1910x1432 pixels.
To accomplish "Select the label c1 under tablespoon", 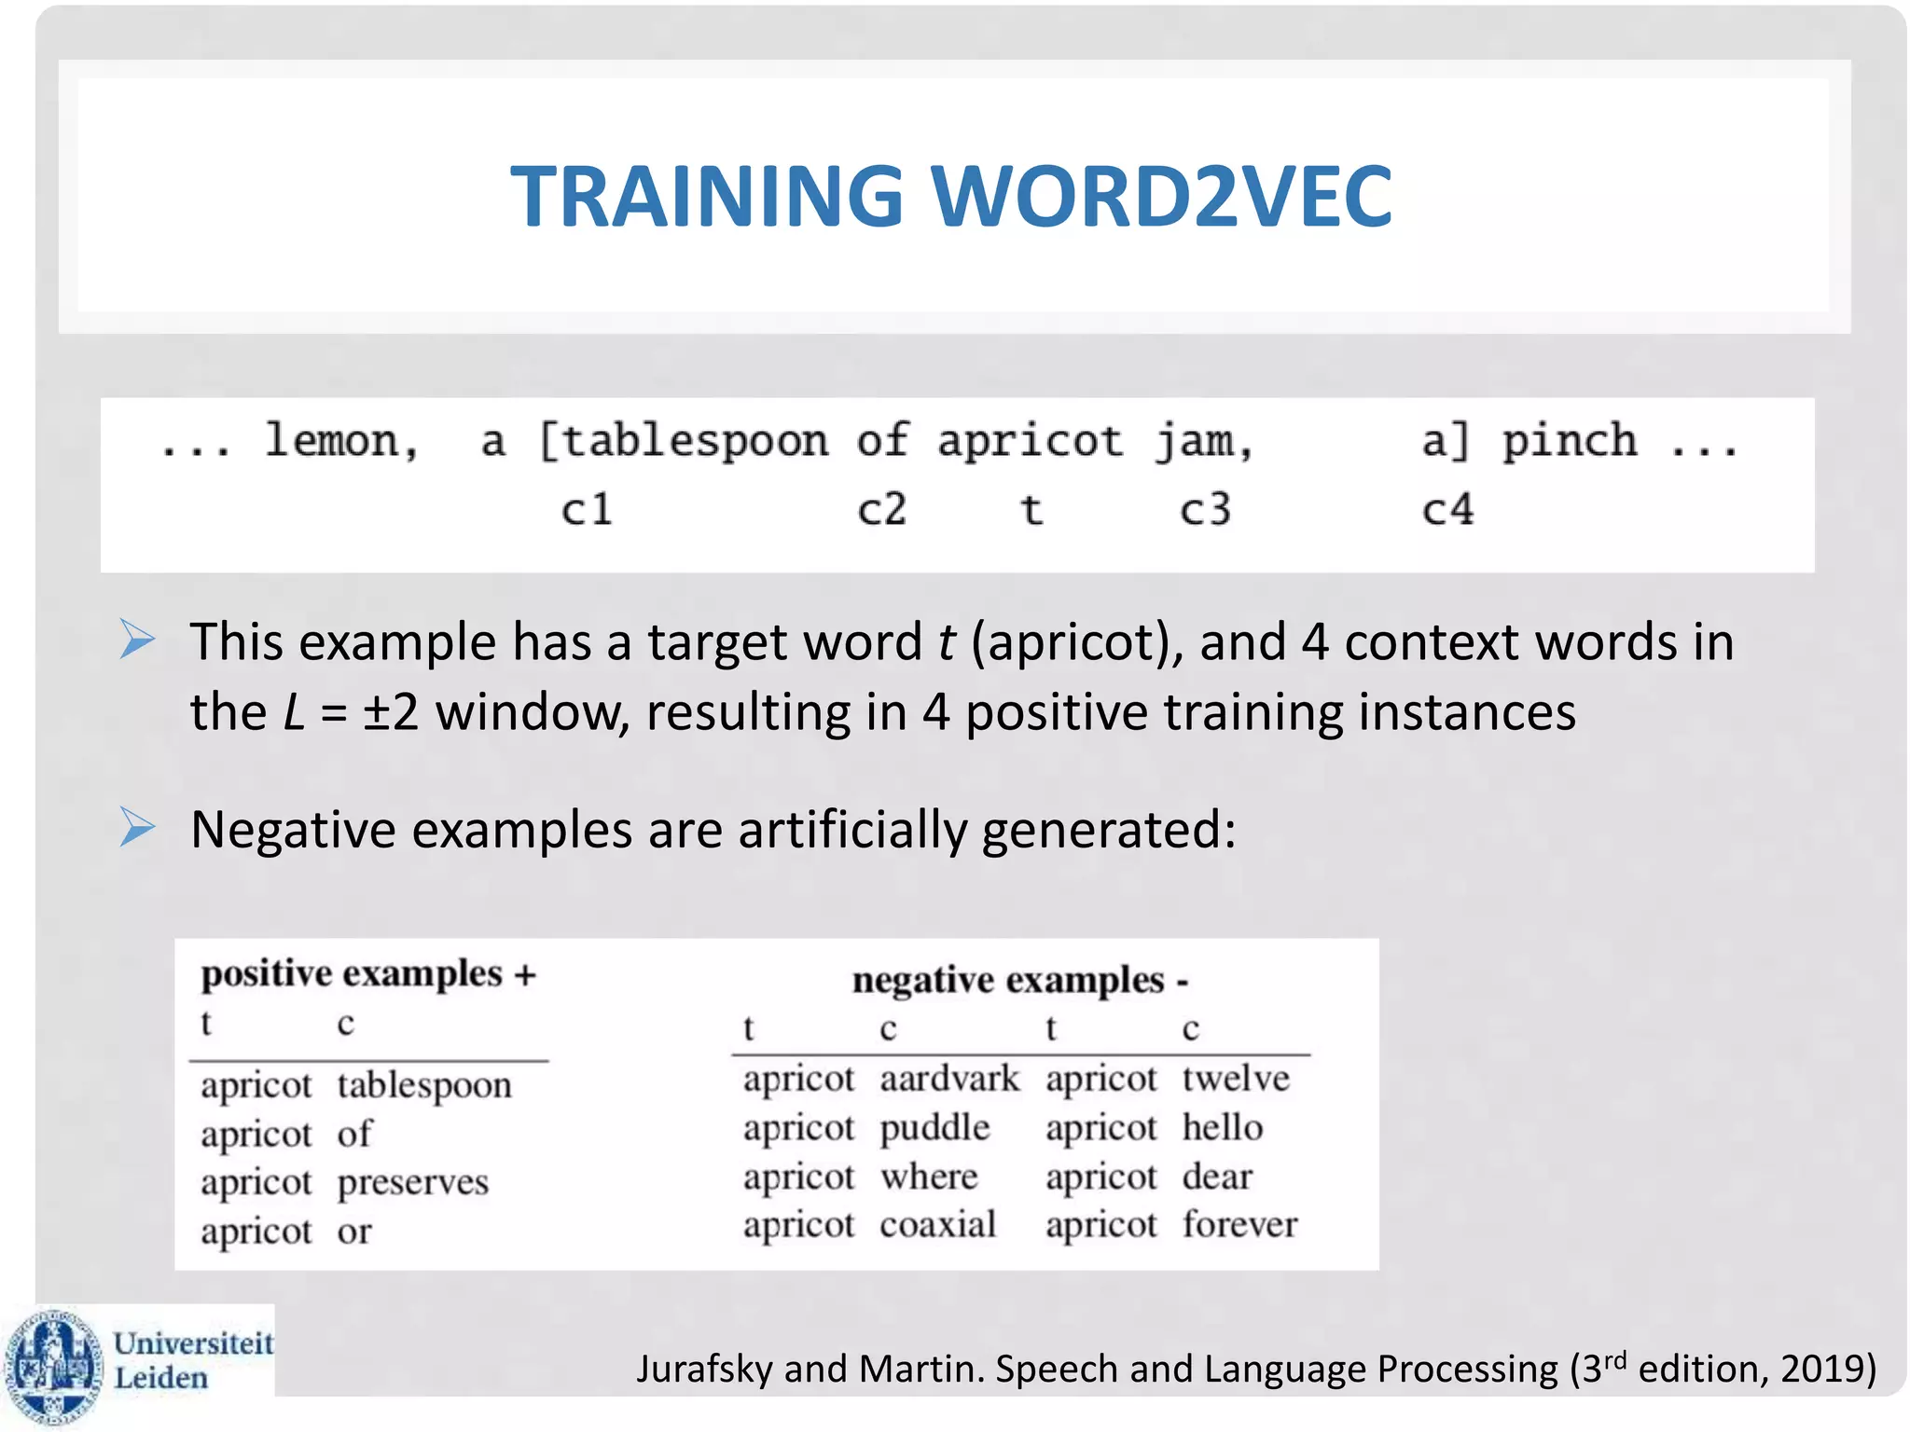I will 587,510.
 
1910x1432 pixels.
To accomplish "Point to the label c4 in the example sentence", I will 1447,510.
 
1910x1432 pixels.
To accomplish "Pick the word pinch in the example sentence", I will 1569,440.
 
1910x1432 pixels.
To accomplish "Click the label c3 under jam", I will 1205,510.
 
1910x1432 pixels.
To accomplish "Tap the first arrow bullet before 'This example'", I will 138,640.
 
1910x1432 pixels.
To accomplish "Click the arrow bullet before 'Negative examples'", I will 138,828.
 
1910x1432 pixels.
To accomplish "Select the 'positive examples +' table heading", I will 368,973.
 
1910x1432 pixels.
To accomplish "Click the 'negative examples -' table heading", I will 1019,980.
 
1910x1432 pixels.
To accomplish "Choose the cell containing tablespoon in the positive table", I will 424,1085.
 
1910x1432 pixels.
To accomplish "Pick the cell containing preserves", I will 412,1182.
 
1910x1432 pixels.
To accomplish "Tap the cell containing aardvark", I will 949,1079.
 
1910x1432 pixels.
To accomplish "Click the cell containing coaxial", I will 937,1224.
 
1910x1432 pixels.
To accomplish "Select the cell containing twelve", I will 1236,1079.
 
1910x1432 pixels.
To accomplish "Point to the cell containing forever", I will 1239,1224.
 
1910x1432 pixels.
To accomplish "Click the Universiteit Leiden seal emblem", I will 53,1365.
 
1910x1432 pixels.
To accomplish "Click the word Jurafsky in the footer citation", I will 704,1369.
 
